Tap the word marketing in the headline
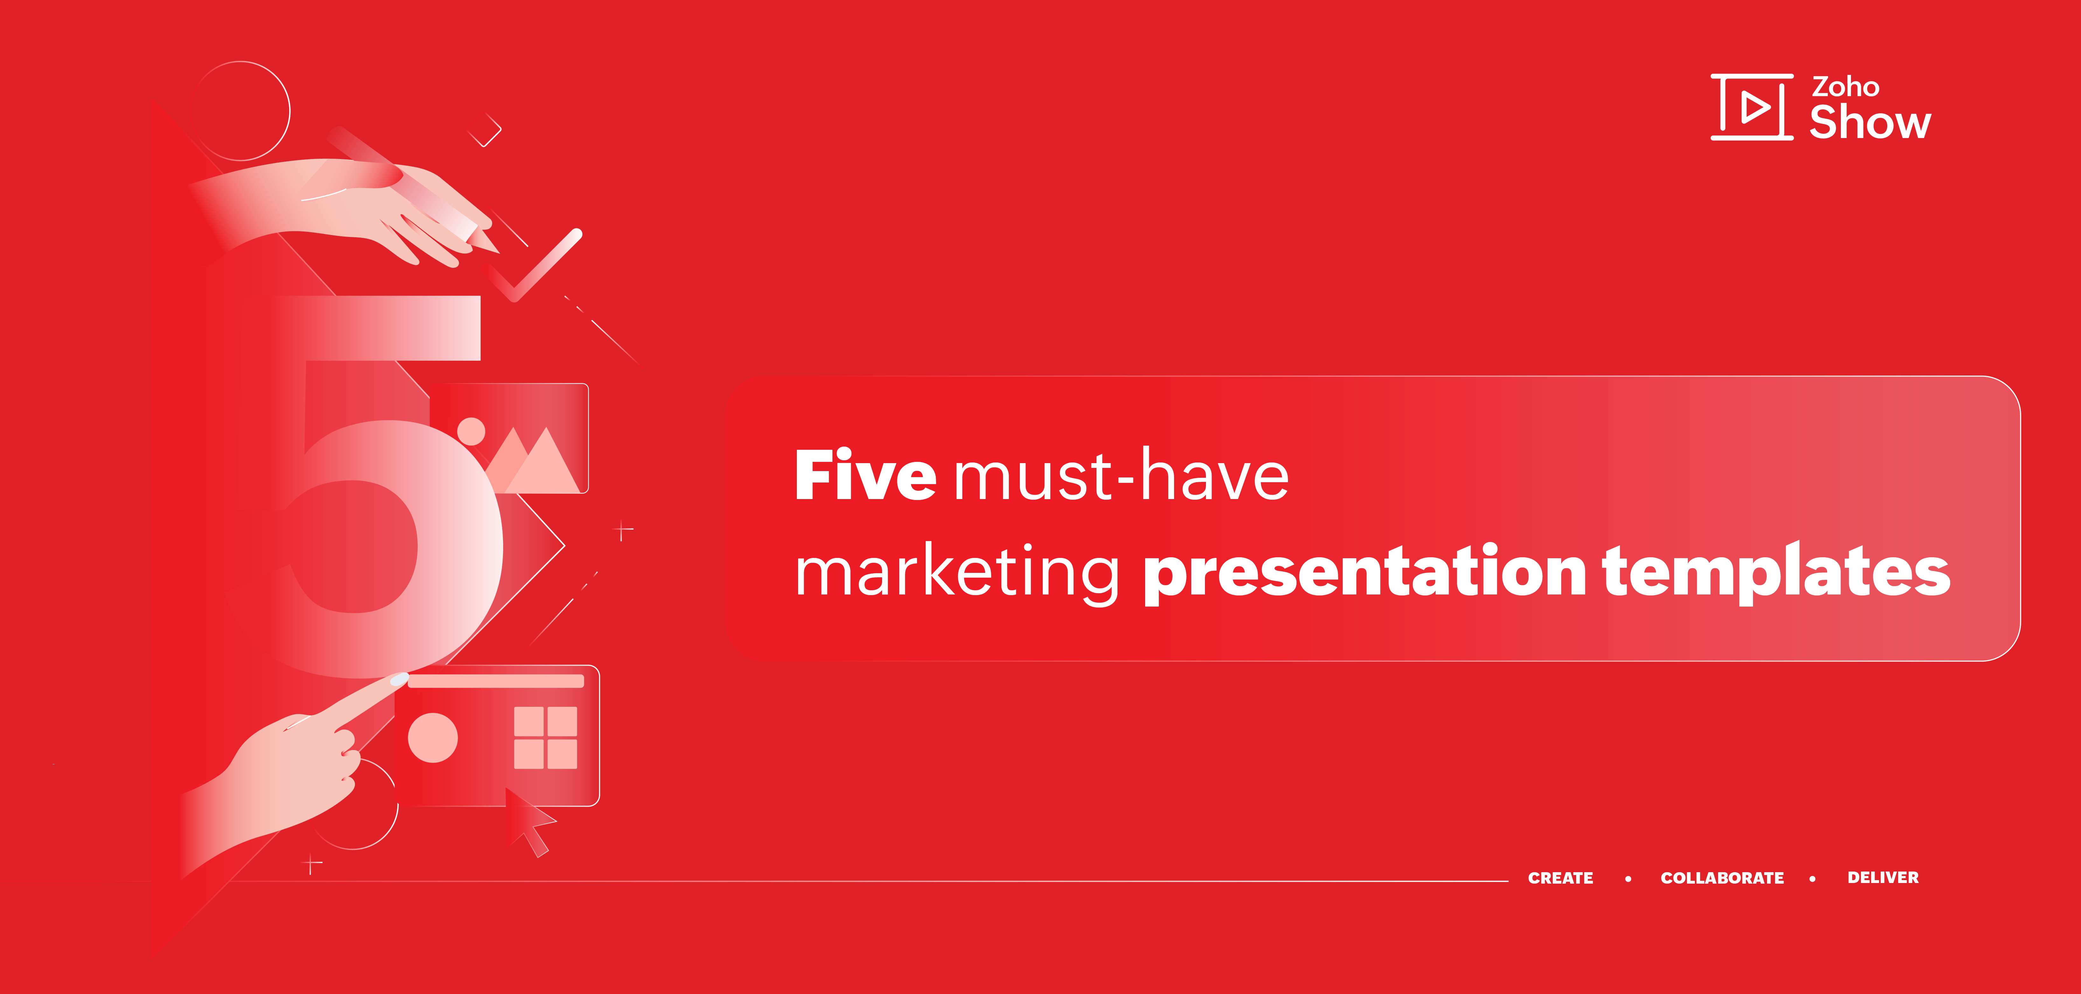pyautogui.click(x=957, y=573)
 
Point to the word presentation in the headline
pyautogui.click(x=1365, y=573)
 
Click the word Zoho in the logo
pyautogui.click(x=1845, y=87)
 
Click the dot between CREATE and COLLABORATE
pyautogui.click(x=1628, y=879)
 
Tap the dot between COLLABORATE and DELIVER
pyautogui.click(x=1813, y=879)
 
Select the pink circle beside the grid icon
pyautogui.click(x=433, y=737)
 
